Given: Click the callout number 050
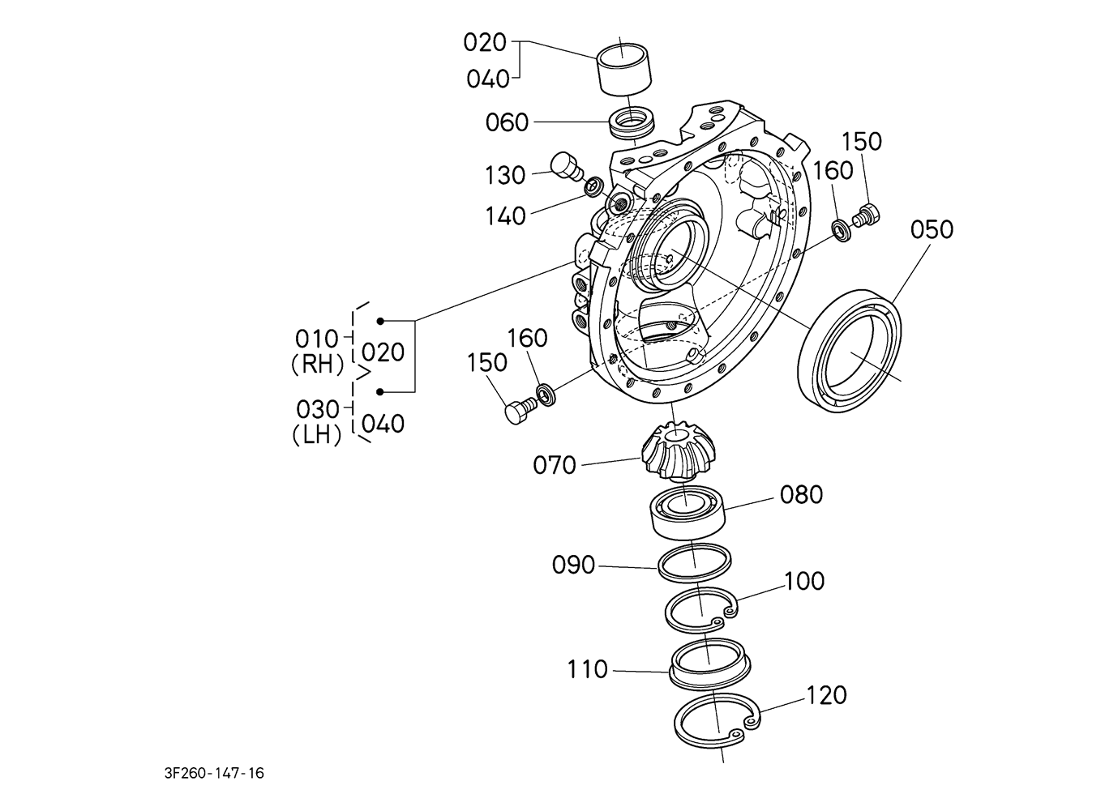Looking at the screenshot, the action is (x=932, y=230).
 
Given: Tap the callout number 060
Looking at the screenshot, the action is (x=507, y=122).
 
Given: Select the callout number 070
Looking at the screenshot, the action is (x=555, y=465).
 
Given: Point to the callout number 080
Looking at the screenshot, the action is (x=801, y=494).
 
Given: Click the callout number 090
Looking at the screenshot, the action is (x=573, y=565).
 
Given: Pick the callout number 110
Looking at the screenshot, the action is (x=588, y=669).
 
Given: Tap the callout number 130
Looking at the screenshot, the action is (x=505, y=176).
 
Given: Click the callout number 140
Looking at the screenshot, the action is (x=506, y=216).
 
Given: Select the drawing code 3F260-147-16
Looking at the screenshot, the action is (x=214, y=774).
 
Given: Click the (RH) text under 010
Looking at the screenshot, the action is (x=318, y=365).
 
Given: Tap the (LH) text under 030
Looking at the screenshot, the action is (x=317, y=435).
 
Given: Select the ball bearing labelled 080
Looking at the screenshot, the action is (x=688, y=512).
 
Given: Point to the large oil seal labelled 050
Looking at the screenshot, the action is (x=849, y=351).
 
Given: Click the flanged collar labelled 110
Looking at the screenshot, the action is (x=709, y=663).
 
